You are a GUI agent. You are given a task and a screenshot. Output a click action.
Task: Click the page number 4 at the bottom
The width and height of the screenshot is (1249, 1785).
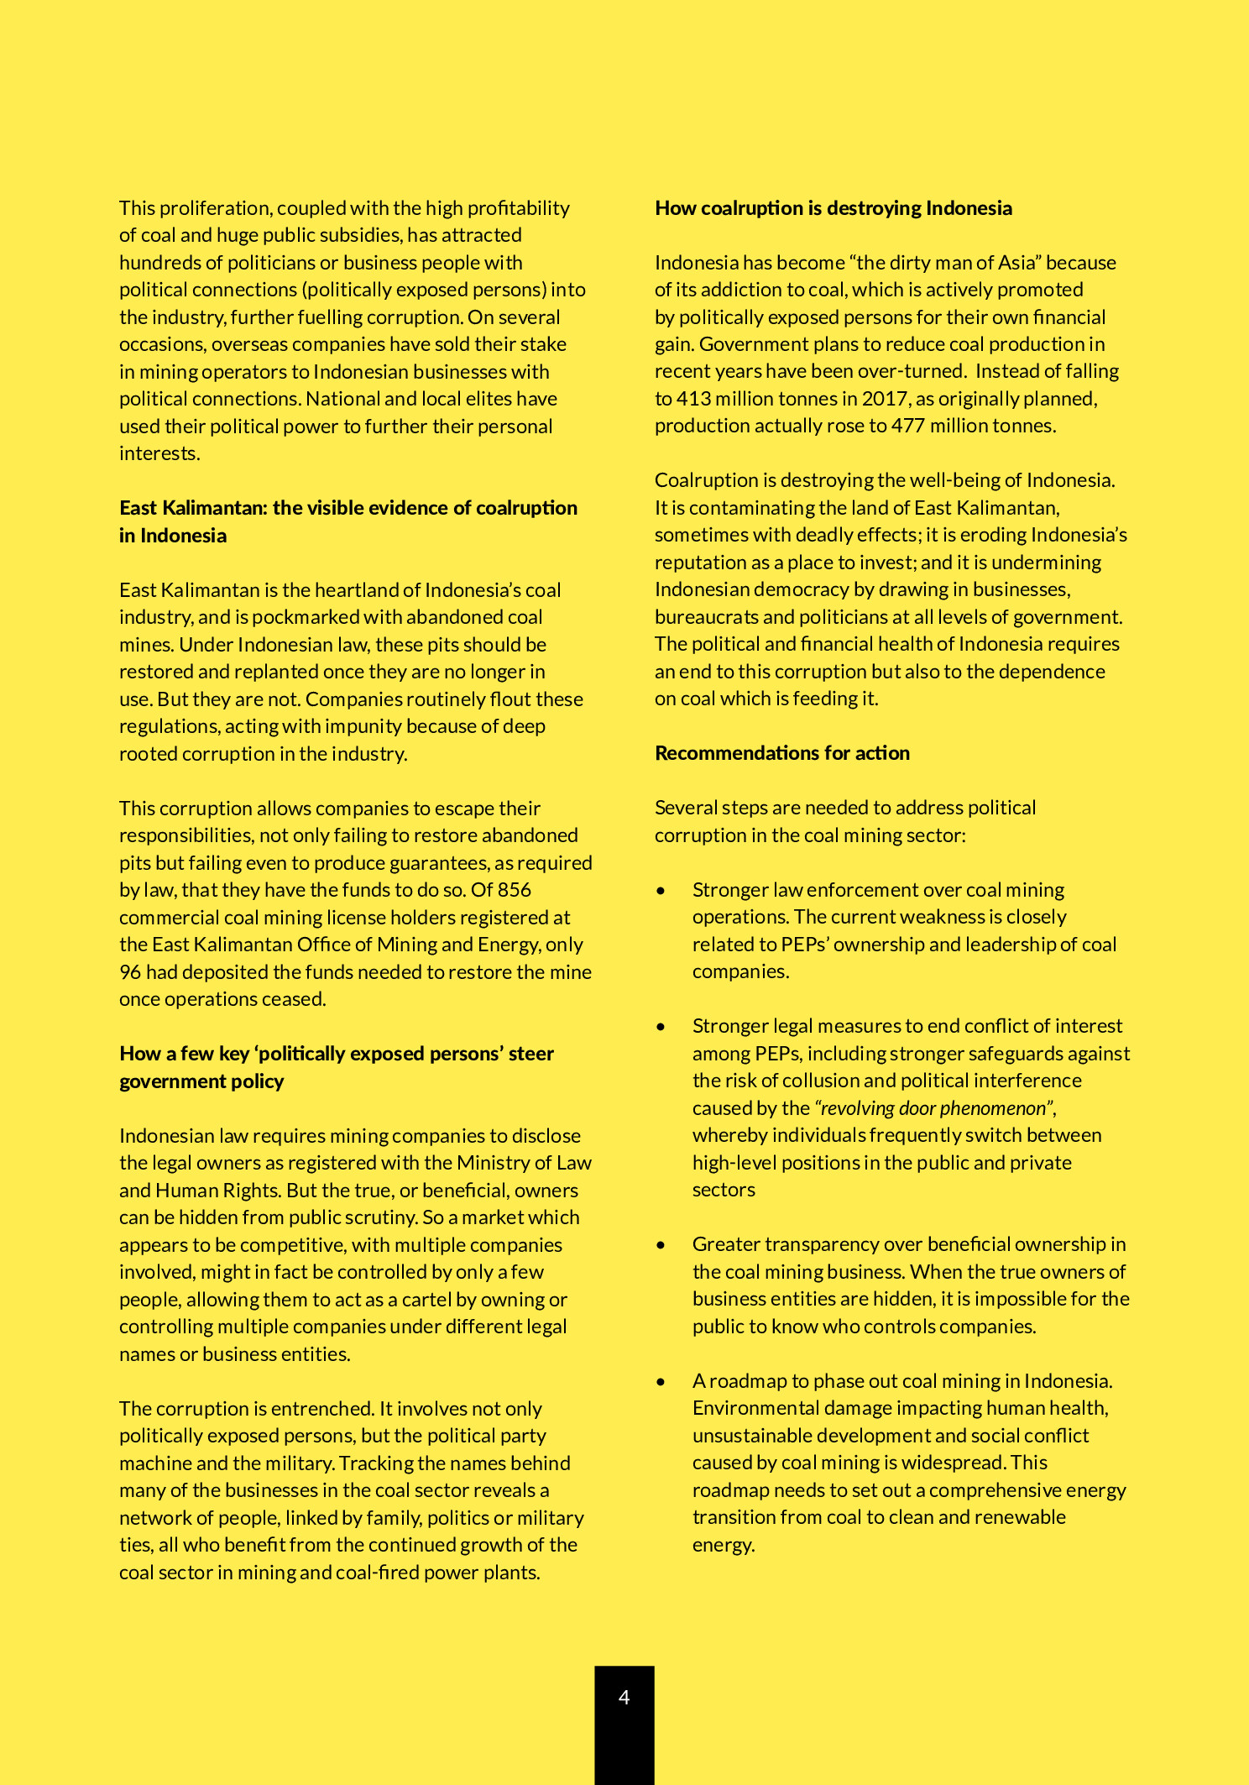click(x=624, y=1697)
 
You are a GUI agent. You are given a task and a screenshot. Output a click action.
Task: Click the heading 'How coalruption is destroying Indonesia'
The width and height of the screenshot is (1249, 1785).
click(x=833, y=208)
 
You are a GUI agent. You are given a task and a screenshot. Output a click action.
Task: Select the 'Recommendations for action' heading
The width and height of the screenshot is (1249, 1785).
click(x=781, y=753)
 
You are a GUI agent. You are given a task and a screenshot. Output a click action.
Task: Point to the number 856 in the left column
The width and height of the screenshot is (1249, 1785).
click(x=514, y=890)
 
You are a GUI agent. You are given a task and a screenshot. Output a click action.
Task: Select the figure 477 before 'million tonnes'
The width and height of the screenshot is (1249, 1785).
click(x=907, y=426)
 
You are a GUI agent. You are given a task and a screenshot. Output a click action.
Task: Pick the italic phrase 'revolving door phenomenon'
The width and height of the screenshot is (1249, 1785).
click(x=933, y=1108)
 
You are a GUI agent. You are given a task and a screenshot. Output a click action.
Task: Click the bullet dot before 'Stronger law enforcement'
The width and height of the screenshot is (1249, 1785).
click(x=661, y=891)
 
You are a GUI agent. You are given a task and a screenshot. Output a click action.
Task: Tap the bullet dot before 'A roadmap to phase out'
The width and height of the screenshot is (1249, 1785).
click(x=661, y=1382)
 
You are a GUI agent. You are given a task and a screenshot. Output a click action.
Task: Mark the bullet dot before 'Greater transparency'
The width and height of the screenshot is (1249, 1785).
click(x=661, y=1245)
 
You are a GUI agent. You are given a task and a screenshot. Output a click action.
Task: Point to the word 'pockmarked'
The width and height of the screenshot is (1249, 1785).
click(x=306, y=617)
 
